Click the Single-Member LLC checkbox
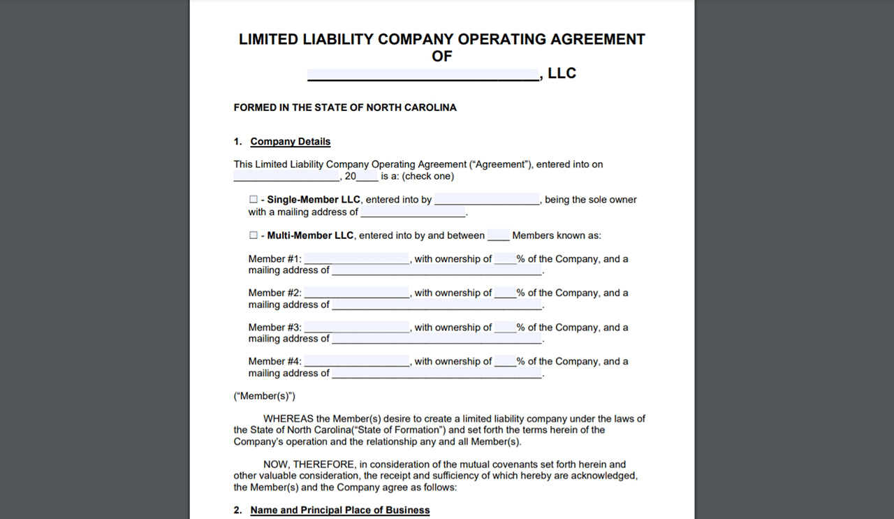coord(254,200)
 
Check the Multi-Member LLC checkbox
coord(254,235)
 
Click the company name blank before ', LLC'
coord(423,74)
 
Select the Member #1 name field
coord(357,259)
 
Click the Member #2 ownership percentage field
coord(505,293)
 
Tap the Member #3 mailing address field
coord(437,339)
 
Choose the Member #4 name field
coord(357,362)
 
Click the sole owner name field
coord(487,200)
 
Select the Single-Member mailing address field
coord(413,212)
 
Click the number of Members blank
coord(499,236)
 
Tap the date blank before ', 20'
coord(286,177)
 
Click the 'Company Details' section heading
coord(291,142)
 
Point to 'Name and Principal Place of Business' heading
coord(340,511)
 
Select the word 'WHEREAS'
coord(288,419)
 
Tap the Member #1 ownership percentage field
coord(505,259)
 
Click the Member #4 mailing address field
coord(437,373)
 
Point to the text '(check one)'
coord(427,177)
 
